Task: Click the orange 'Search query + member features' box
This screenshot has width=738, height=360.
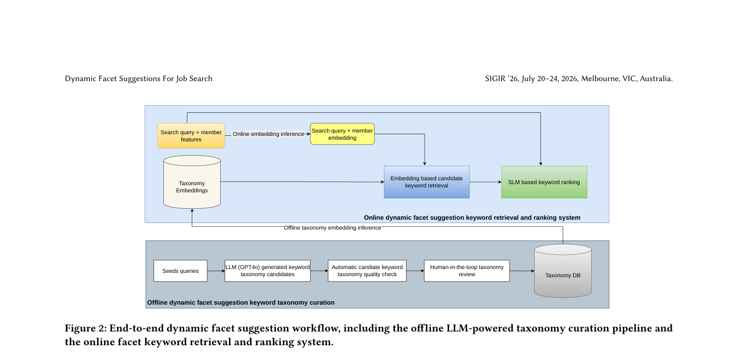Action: (191, 136)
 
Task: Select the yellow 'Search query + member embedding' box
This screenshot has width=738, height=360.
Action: (342, 134)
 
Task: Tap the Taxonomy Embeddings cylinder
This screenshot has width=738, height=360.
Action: (192, 182)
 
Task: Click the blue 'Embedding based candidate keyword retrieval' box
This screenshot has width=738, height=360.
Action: (427, 182)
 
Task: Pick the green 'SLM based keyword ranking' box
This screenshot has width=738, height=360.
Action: (544, 182)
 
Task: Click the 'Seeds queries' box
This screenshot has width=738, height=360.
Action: (181, 271)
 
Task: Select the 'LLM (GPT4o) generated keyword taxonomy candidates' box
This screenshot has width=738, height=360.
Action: (267, 271)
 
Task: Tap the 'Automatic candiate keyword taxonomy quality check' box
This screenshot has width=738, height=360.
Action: (367, 271)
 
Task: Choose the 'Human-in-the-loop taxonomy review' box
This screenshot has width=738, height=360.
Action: (467, 271)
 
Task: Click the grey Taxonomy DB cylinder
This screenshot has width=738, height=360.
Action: (563, 271)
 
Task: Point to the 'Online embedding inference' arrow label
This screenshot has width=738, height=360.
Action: (268, 134)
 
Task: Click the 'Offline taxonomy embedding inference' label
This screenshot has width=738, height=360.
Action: (333, 227)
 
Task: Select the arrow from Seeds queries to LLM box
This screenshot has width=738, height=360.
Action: (216, 271)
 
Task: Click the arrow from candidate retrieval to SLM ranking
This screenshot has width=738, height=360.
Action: (485, 182)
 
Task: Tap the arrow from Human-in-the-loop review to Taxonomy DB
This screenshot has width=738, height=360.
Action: (522, 271)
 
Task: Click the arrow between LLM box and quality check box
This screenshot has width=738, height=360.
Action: (319, 271)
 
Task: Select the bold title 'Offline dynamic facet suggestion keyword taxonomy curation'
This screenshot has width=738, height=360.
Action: (241, 302)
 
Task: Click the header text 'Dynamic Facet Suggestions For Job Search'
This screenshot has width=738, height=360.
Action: (139, 79)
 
